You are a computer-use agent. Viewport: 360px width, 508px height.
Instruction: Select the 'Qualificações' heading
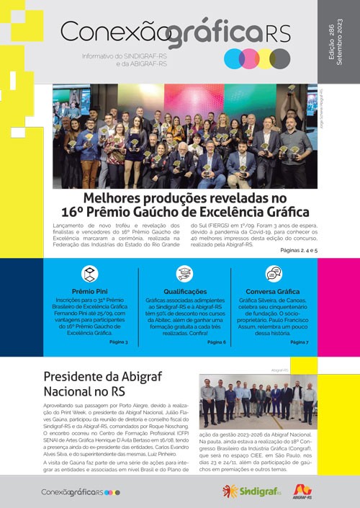point(185,292)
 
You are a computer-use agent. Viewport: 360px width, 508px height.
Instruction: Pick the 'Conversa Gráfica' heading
point(274,292)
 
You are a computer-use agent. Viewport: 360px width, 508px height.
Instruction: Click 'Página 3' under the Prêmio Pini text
point(118,341)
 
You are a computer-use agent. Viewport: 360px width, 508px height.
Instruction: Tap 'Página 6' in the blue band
point(215,341)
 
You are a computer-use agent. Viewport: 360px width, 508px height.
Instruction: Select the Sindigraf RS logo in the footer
point(251,491)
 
